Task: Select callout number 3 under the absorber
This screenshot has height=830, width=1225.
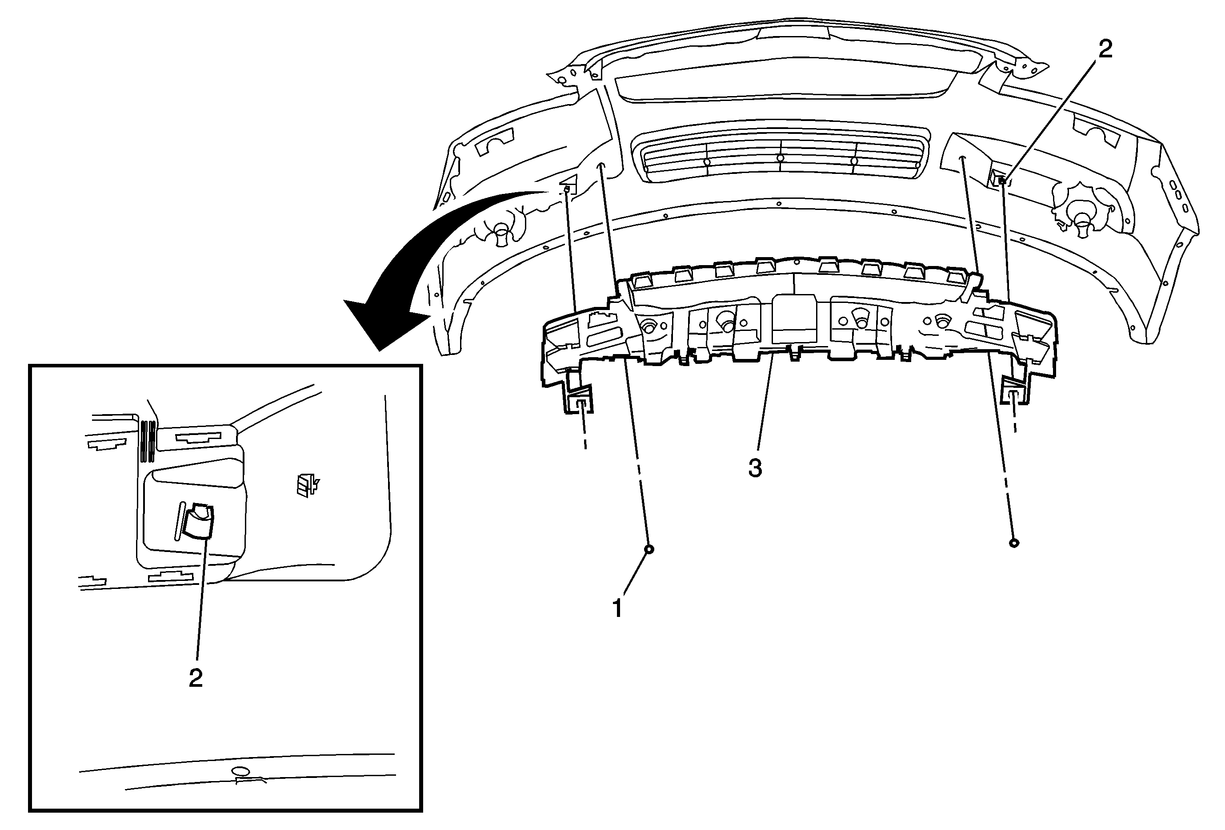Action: pos(755,468)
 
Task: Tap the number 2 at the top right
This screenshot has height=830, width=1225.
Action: pos(1105,49)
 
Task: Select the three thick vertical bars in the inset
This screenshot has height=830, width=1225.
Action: pos(148,441)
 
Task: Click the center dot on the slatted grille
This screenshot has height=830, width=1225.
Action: pos(781,157)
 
